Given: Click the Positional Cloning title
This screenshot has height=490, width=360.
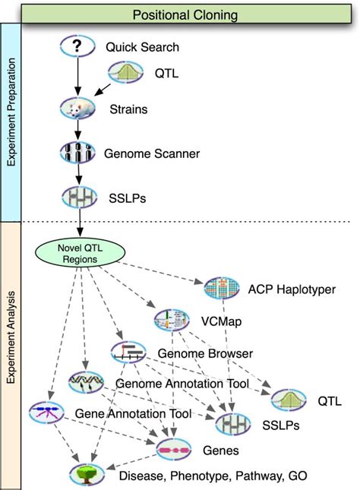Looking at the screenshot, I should click(185, 14).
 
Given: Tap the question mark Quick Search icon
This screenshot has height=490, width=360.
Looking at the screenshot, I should click(76, 46).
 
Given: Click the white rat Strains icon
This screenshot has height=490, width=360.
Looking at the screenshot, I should click(77, 109).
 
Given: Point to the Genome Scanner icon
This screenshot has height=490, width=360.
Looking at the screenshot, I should click(77, 152).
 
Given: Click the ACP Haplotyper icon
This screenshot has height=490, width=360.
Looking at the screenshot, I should click(222, 288).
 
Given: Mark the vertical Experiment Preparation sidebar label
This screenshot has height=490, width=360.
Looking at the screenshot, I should click(13, 122).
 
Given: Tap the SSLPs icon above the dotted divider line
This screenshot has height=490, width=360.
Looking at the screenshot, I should click(78, 196).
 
